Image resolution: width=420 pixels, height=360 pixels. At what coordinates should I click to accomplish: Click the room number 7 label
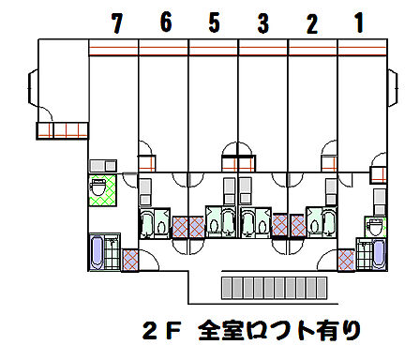coord(116,23)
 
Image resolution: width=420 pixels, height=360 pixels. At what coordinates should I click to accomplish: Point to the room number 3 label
coord(262,22)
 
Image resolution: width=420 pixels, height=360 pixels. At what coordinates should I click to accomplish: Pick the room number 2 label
coord(311,23)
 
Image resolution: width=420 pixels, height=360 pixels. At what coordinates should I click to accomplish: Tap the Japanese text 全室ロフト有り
coord(278,331)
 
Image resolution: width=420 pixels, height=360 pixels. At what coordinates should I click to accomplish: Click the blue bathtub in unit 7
coord(98,253)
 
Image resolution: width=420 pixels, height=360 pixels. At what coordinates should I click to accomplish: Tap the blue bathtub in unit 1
coord(379,254)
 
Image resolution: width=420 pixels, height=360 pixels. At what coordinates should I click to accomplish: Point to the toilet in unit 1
coord(374,226)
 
